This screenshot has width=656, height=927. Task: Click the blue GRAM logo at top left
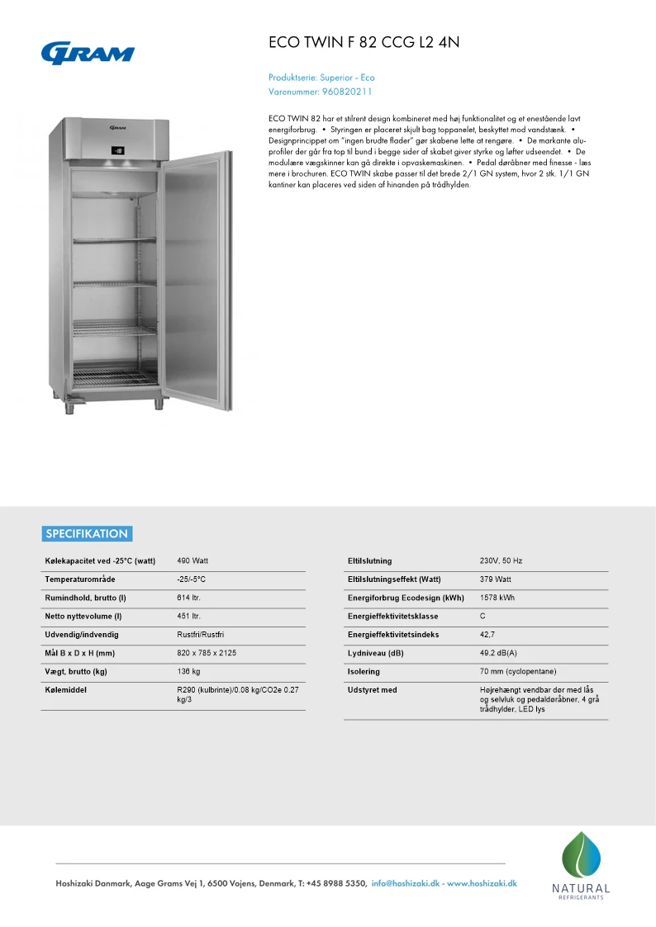tap(88, 53)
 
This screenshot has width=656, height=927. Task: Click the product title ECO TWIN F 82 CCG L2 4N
tap(364, 43)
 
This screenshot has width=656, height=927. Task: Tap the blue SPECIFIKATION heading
tap(87, 534)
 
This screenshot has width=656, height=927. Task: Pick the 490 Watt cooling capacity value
tap(193, 560)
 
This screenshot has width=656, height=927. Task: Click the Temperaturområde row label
tap(80, 579)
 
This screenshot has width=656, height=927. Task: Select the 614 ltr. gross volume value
tap(189, 598)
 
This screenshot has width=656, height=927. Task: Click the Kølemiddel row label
tap(65, 689)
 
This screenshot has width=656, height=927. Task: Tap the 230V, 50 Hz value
tap(501, 560)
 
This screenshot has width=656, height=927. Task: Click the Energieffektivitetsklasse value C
tap(482, 617)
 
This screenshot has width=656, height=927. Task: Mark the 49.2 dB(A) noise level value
tap(498, 653)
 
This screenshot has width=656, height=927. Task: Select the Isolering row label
tap(364, 672)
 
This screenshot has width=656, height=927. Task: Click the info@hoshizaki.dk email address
tap(405, 883)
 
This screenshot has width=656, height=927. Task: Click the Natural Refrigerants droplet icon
tap(581, 855)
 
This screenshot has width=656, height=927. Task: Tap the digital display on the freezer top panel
tap(118, 151)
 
